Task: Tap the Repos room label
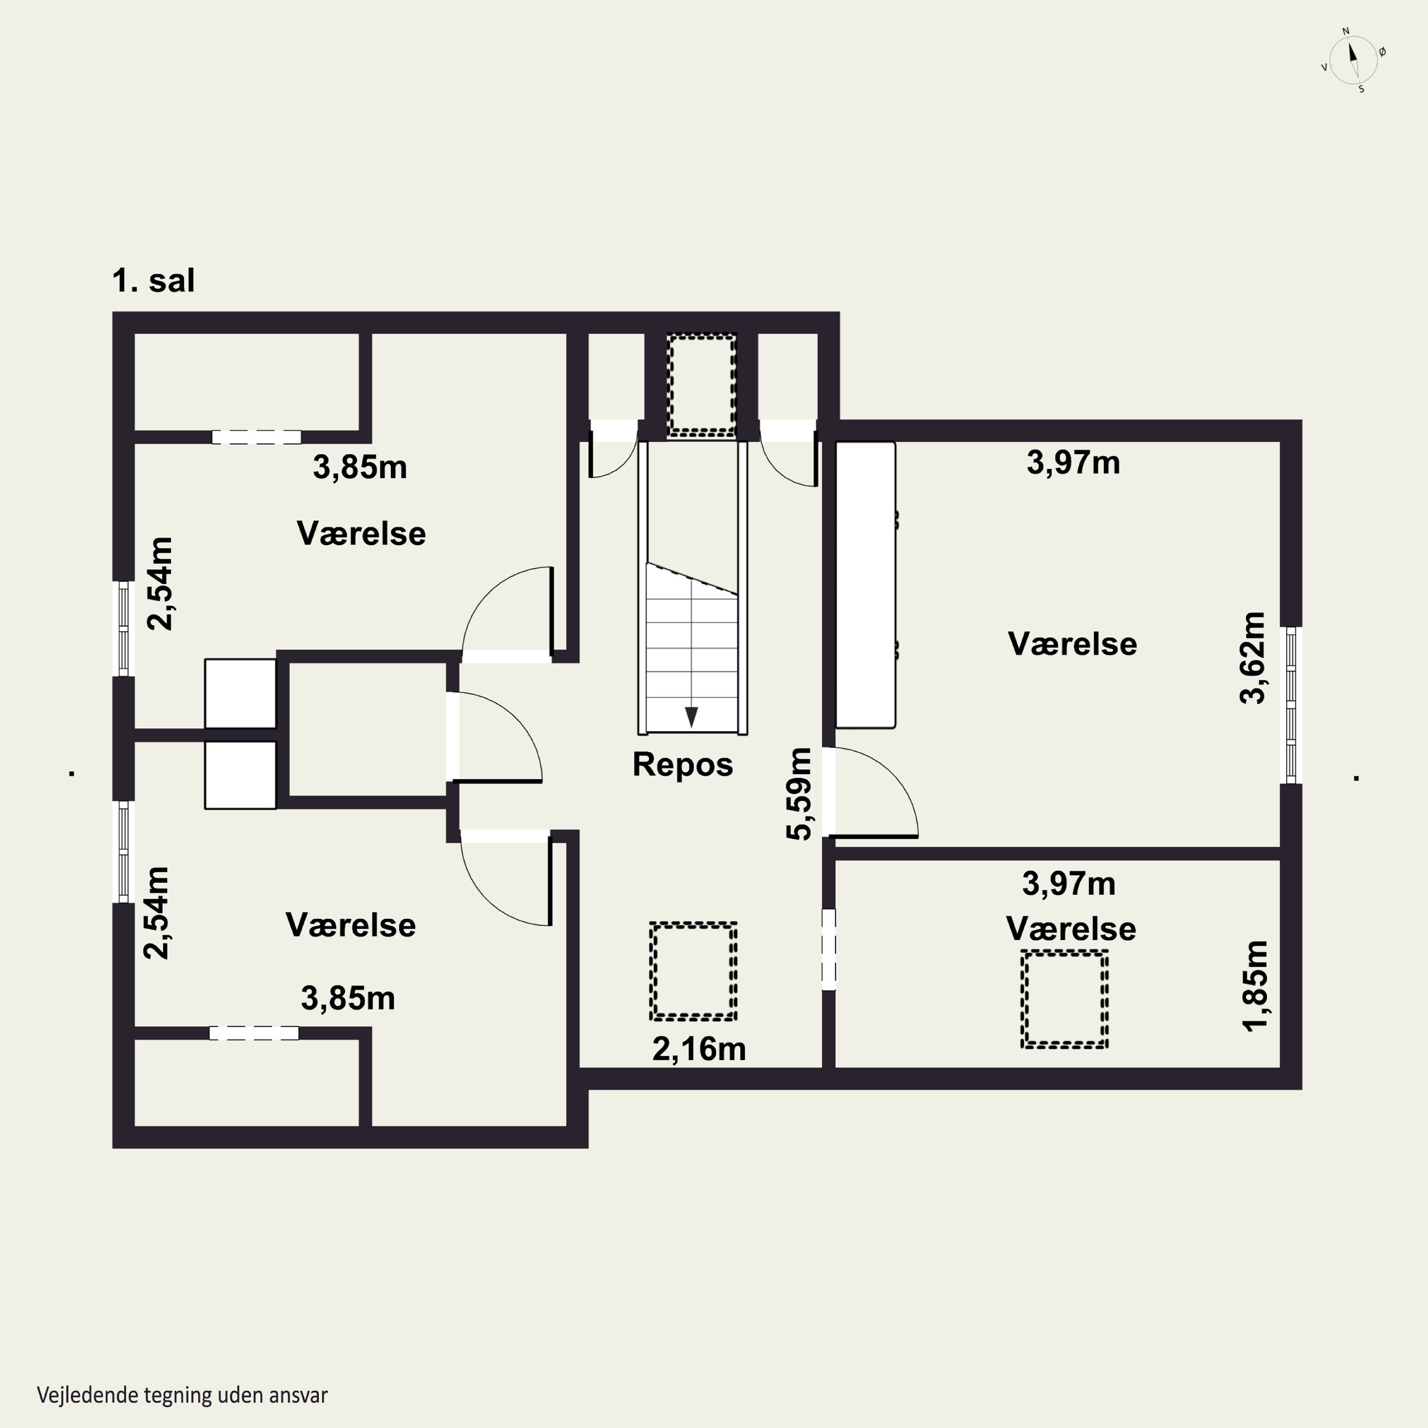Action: point(682,764)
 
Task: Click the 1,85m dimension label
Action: point(1255,986)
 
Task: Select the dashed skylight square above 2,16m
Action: point(694,971)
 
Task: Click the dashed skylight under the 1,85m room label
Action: point(1064,999)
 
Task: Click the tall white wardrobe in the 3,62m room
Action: point(865,585)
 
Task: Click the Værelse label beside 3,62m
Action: point(1072,644)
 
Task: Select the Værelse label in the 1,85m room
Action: point(1071,929)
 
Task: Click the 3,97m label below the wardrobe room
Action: point(1069,884)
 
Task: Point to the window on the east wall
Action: point(1290,705)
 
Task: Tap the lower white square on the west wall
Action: point(240,774)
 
